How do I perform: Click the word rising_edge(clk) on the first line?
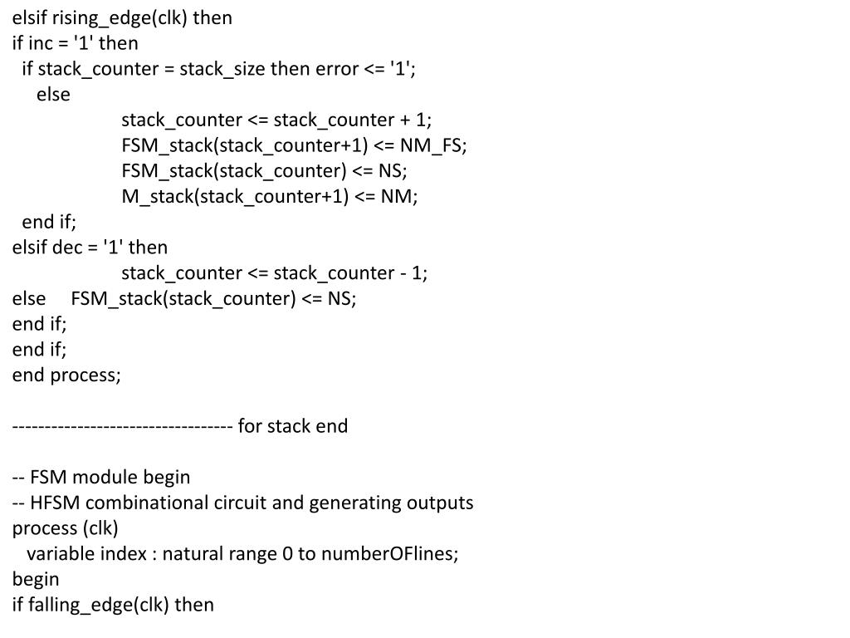pos(120,18)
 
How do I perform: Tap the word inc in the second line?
pos(41,43)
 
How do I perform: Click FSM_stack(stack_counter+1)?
pos(245,146)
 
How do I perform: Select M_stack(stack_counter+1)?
pos(235,197)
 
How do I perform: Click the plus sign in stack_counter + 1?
pos(404,120)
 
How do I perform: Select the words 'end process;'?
pos(66,375)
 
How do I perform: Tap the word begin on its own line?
pos(36,580)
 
